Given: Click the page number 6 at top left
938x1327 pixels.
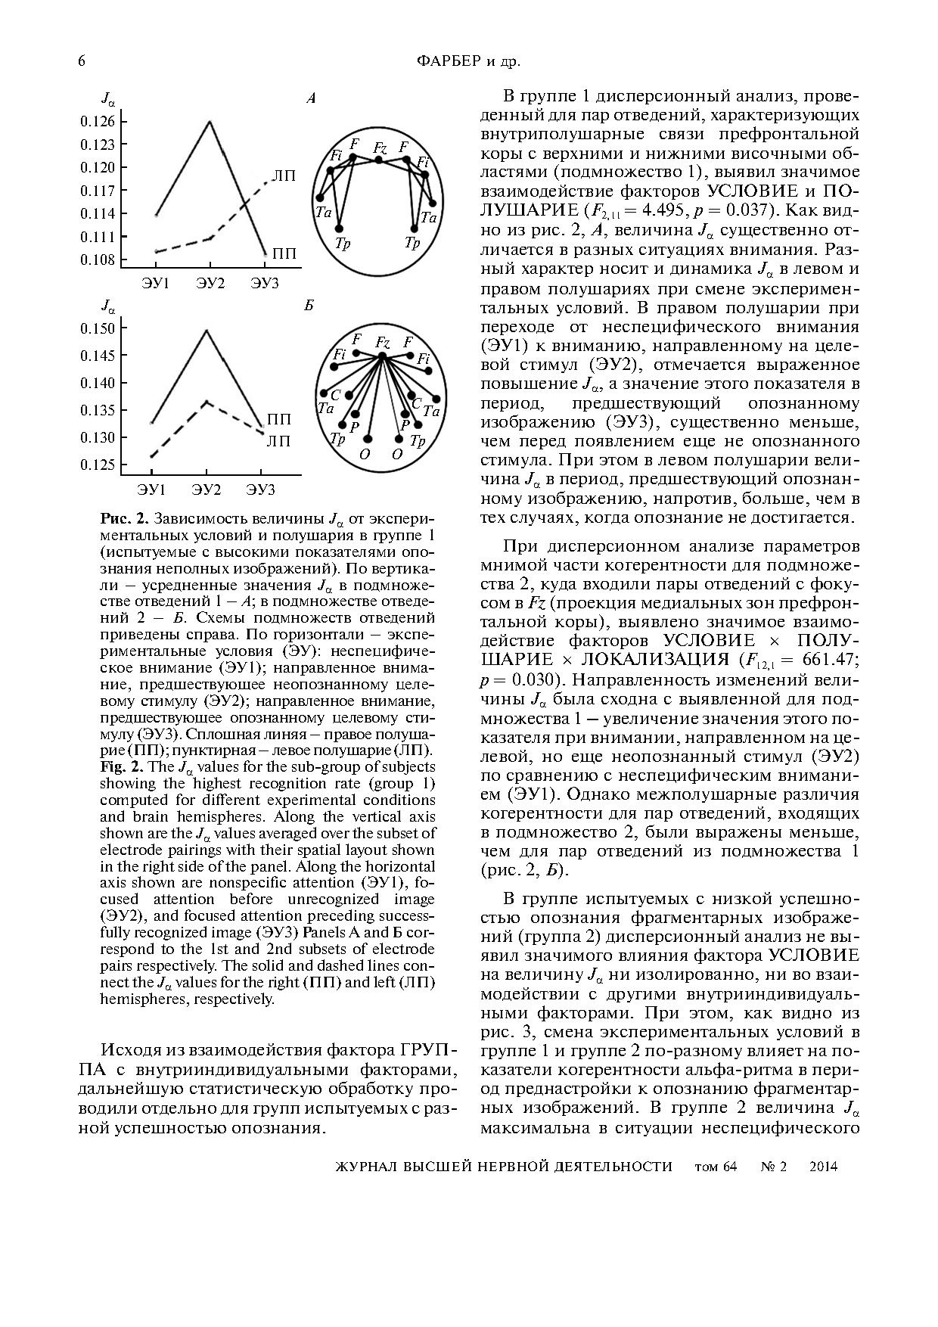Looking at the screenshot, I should click(x=81, y=61).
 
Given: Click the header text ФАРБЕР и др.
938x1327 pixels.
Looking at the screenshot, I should click(x=469, y=61).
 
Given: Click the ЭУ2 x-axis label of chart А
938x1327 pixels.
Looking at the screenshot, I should click(x=210, y=283).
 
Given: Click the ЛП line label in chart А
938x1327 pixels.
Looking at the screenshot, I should click(x=284, y=176).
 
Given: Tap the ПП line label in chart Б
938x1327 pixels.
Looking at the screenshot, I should click(x=279, y=419).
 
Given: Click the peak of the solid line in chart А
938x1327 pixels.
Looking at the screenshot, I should click(x=210, y=121).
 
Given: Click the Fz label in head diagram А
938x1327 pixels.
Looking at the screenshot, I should click(x=380, y=148).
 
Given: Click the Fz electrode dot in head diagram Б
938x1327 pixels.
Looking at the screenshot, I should click(x=382, y=356).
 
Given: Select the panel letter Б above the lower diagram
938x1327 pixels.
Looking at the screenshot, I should click(x=309, y=306).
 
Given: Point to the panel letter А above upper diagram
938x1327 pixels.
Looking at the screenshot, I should click(x=310, y=98).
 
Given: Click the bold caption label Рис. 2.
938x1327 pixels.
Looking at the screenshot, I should click(x=124, y=519).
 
